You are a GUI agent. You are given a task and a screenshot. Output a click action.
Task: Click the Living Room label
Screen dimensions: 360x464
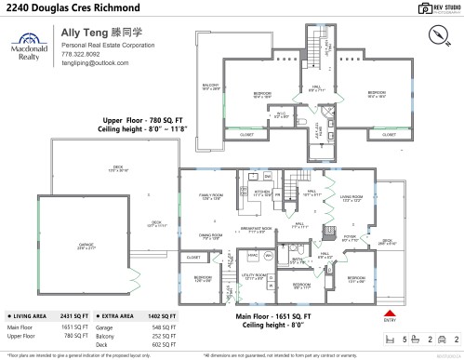[x=351, y=198]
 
